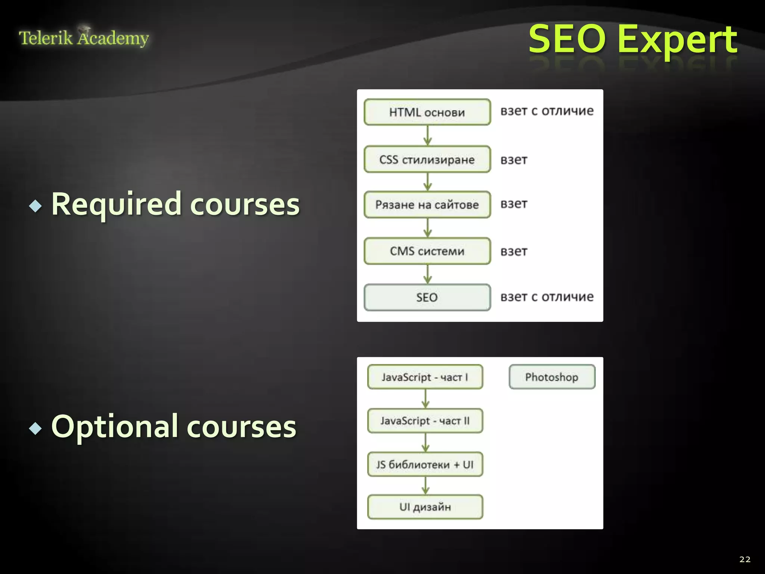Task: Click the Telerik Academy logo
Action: pyautogui.click(x=84, y=38)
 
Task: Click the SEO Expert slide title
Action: pyautogui.click(x=633, y=39)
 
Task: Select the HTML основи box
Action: pyautogui.click(x=427, y=112)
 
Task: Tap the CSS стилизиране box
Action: pyautogui.click(x=427, y=160)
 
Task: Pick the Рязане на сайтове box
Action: pyautogui.click(x=427, y=205)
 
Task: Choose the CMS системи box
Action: pyautogui.click(x=427, y=251)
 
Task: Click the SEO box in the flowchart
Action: pyautogui.click(x=427, y=297)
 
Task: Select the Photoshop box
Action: pyautogui.click(x=552, y=377)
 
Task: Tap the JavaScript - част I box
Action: pyautogui.click(x=425, y=377)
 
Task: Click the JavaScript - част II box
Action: pyautogui.click(x=425, y=421)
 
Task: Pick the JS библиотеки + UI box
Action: pyautogui.click(x=425, y=465)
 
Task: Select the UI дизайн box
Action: pyautogui.click(x=425, y=507)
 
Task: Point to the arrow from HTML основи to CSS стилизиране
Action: pyautogui.click(x=428, y=135)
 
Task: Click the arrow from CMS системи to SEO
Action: pyautogui.click(x=428, y=274)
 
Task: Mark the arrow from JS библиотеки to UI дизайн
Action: pyautogui.click(x=425, y=486)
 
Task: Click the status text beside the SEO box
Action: pyautogui.click(x=547, y=297)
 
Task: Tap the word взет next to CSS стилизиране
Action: pyautogui.click(x=514, y=160)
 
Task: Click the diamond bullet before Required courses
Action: pyautogui.click(x=35, y=206)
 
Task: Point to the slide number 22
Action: pyautogui.click(x=744, y=559)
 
